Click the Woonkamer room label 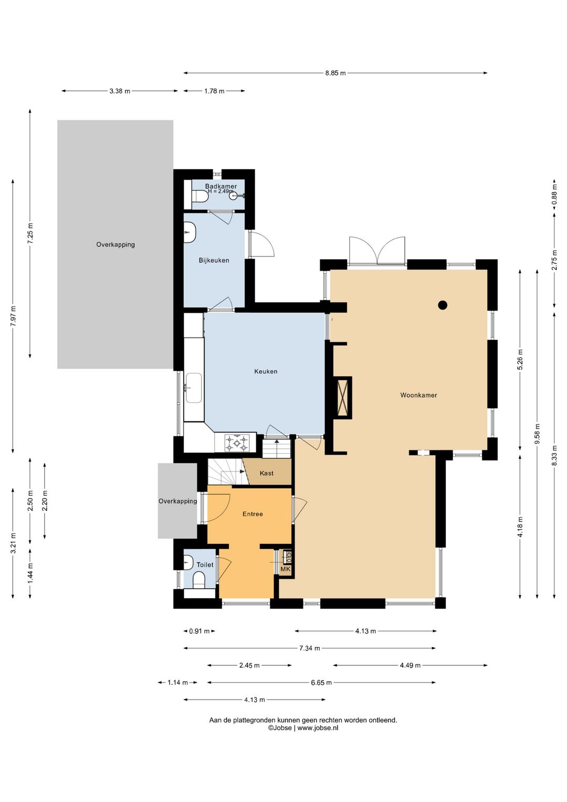[x=418, y=395]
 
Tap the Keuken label [x=266, y=371]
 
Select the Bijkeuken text [x=214, y=260]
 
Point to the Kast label [x=267, y=474]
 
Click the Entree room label [x=253, y=514]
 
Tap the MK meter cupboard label [x=286, y=569]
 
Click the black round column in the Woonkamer [x=443, y=305]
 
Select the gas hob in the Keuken [x=236, y=443]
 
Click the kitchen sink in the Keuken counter [x=193, y=388]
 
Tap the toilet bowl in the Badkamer [x=199, y=196]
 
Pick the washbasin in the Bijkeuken [x=190, y=232]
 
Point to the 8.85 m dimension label [x=335, y=73]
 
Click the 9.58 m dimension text [x=537, y=434]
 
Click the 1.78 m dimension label [x=214, y=91]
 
